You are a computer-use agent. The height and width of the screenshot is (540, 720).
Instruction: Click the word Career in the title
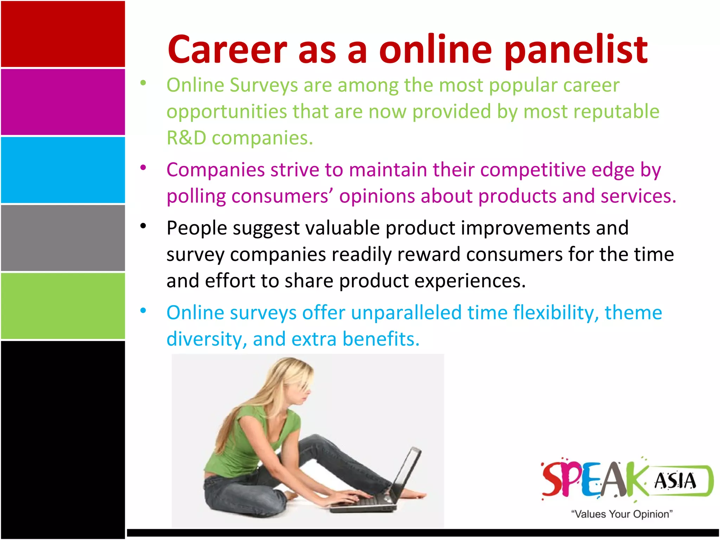[227, 50]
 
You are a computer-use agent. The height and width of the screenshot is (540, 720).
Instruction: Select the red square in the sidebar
[63, 34]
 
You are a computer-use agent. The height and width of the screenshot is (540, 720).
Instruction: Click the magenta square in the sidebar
[63, 102]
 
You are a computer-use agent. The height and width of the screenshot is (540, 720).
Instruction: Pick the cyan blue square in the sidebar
[63, 170]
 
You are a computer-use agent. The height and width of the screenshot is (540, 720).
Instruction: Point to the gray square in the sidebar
[63, 238]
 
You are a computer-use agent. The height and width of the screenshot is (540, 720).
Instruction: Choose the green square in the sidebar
[63, 306]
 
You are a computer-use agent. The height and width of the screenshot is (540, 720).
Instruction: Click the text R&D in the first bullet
[186, 138]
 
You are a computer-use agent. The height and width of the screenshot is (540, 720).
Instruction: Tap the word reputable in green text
[616, 112]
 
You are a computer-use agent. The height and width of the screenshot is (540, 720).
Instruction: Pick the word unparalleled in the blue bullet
[406, 313]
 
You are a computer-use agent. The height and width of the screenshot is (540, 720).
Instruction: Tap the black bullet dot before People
[143, 226]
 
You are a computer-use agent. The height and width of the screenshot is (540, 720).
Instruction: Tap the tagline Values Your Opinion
[622, 514]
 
